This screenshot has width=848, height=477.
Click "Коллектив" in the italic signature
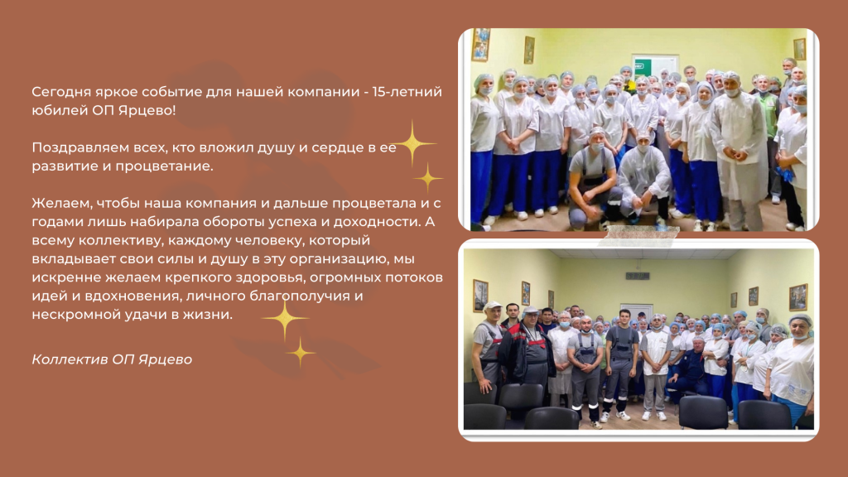70,359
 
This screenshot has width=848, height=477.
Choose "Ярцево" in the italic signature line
165,359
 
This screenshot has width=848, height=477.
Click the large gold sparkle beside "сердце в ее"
412,143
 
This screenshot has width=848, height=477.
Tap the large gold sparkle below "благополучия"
285,319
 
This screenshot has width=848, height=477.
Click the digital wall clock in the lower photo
637,276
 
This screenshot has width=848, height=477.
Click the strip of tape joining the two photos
638,235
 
